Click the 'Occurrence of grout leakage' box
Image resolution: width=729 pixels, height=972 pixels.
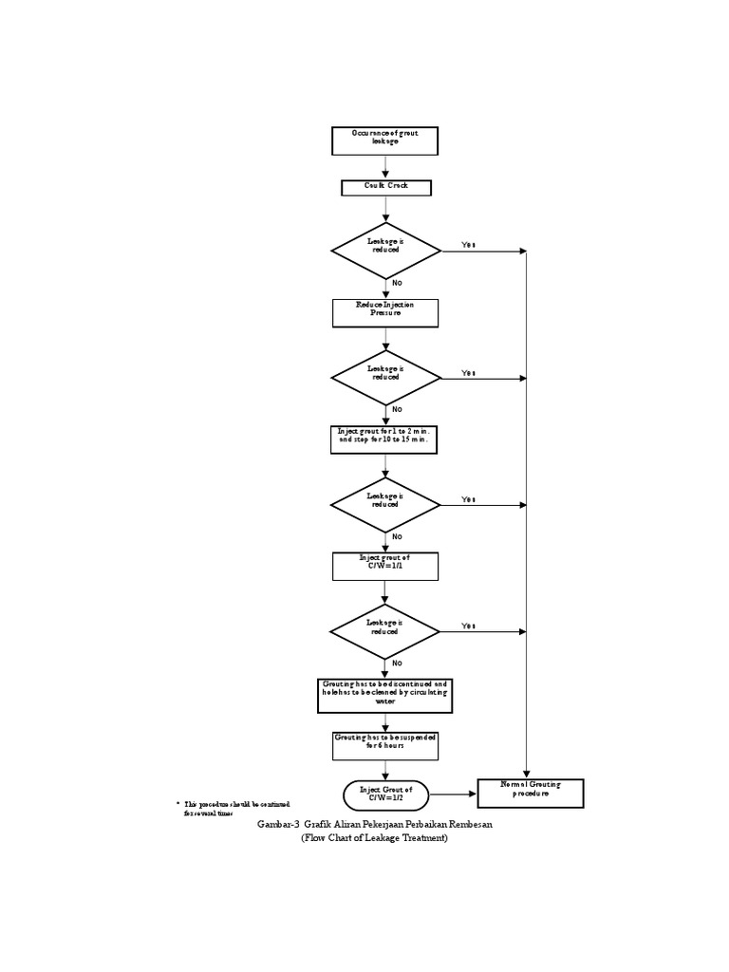coord(385,140)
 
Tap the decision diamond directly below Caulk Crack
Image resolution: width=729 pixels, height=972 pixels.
coord(385,251)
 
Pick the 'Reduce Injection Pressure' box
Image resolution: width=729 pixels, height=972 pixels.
coord(385,312)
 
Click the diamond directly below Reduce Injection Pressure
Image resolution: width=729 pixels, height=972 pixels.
coord(385,377)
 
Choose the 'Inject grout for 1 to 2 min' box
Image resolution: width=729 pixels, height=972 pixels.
coord(385,439)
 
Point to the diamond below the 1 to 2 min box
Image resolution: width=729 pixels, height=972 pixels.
coord(385,504)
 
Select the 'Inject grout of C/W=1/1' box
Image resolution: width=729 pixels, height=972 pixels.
coord(385,566)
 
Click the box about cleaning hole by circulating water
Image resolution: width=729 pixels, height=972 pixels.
coord(384,695)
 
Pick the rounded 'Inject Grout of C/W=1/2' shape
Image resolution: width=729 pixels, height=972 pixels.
coord(385,794)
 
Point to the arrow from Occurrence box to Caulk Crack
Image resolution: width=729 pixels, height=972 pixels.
coord(385,167)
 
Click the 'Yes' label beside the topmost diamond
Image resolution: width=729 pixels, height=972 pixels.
coord(468,245)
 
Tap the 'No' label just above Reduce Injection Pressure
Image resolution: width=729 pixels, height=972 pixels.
coord(397,283)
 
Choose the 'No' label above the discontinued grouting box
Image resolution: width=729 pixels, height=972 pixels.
coord(397,663)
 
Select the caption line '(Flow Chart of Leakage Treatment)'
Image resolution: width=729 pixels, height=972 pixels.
coord(374,839)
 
